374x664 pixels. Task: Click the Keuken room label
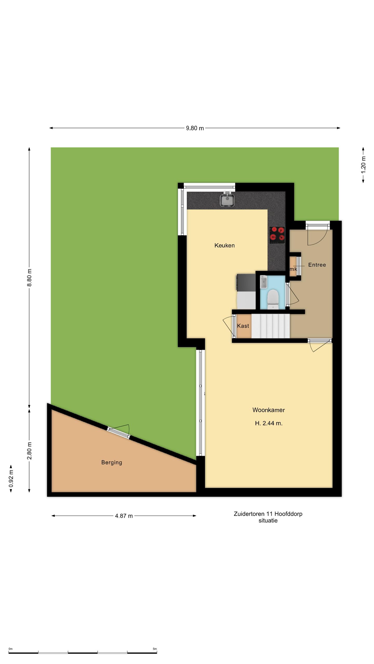point(224,245)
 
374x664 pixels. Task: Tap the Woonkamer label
point(269,410)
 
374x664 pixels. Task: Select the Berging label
point(112,462)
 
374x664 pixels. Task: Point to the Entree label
point(317,265)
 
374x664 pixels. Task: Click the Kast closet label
point(243,326)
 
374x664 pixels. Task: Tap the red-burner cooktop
point(277,235)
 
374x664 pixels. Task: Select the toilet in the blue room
point(273,299)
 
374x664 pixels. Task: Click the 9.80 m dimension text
point(195,128)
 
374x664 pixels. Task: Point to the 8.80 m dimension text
point(29,278)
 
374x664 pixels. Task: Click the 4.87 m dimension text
point(124,516)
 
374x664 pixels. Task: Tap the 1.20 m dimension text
point(363,165)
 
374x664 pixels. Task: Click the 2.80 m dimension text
point(29,451)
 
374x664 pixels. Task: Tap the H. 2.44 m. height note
point(269,423)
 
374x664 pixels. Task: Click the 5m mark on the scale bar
point(155,649)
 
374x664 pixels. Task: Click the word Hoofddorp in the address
point(288,514)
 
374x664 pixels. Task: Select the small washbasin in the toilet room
point(263,282)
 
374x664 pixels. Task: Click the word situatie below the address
point(268,521)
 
